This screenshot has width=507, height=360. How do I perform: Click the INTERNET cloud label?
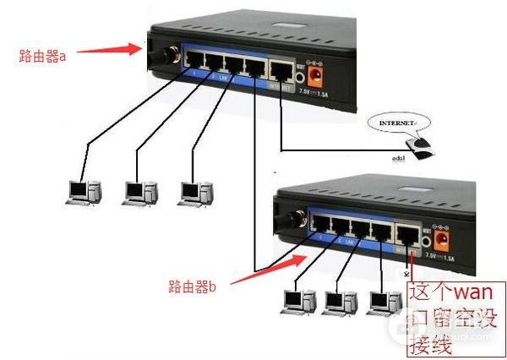pos(397,123)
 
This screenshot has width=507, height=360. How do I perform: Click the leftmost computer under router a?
pos(80,192)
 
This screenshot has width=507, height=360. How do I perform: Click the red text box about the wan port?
pos(455,318)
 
